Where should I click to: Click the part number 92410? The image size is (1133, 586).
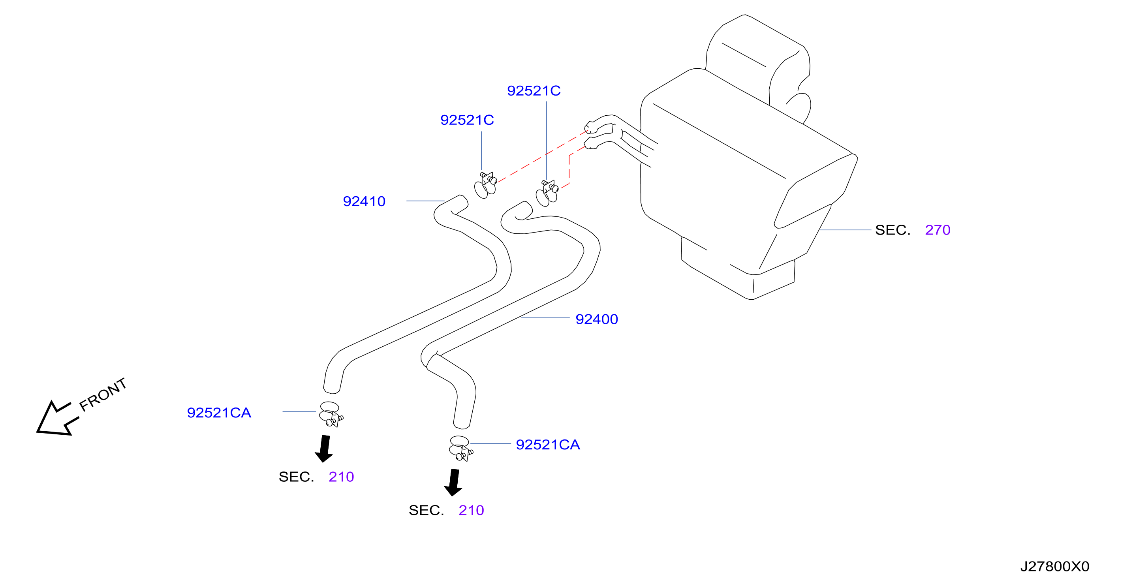[x=364, y=201]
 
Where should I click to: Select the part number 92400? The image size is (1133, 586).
[x=596, y=319]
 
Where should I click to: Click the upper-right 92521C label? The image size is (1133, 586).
[x=534, y=91]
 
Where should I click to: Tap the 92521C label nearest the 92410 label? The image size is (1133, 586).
[x=467, y=120]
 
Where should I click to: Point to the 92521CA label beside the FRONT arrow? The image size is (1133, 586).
[x=219, y=413]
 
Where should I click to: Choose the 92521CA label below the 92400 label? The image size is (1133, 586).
[x=548, y=444]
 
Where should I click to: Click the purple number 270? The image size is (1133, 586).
[x=937, y=230]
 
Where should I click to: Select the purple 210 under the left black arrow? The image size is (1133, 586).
[x=341, y=477]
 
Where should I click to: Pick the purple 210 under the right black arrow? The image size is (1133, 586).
[x=471, y=510]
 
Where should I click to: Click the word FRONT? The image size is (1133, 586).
[x=103, y=394]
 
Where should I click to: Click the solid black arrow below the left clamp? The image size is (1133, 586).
[x=324, y=449]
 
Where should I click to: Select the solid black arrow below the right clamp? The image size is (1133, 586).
[x=453, y=482]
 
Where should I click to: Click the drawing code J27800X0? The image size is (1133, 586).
[x=1054, y=566]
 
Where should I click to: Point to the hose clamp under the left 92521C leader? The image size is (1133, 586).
[x=485, y=185]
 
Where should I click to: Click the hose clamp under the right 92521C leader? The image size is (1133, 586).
[x=547, y=193]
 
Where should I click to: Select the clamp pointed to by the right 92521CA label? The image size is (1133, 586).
[x=460, y=448]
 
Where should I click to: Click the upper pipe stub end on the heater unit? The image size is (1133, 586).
[x=589, y=127]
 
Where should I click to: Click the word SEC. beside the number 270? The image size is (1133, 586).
[x=892, y=230]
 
